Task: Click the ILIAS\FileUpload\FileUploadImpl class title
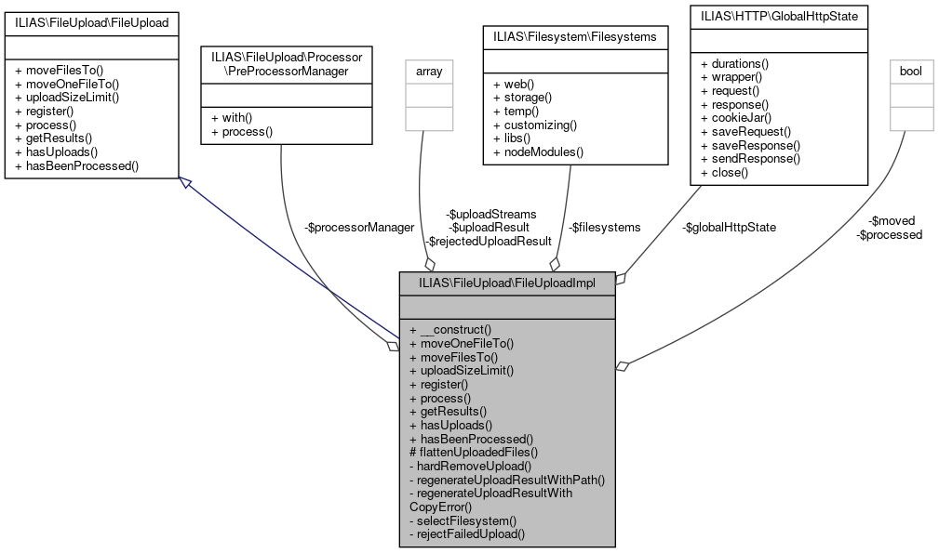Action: pos(506,282)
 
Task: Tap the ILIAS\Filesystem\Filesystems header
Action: pos(574,36)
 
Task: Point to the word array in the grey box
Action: pos(428,70)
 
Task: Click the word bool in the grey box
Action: pos(911,70)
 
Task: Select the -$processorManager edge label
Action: pos(359,227)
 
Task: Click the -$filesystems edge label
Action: pos(605,227)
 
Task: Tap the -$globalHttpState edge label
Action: pos(729,227)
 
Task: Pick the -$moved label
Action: pos(892,220)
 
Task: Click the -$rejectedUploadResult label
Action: pos(490,241)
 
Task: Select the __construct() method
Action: pos(455,329)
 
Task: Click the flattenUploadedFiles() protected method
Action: pos(474,452)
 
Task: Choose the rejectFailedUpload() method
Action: pos(467,534)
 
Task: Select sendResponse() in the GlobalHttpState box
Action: pos(750,159)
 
